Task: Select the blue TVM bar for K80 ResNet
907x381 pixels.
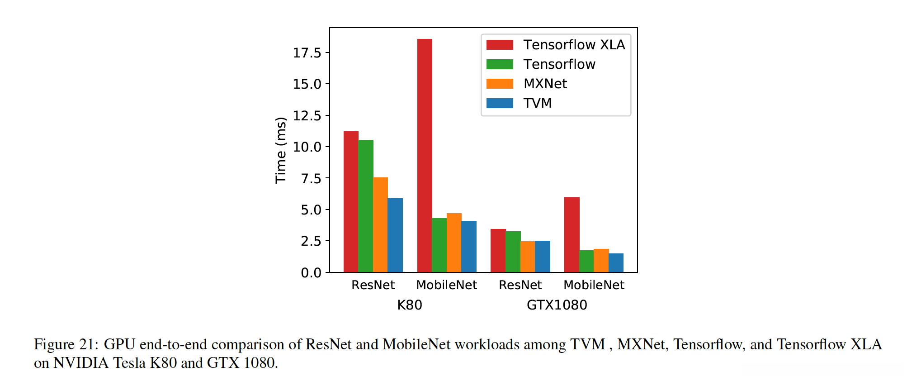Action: tap(395, 235)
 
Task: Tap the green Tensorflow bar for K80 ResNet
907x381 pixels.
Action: tap(366, 206)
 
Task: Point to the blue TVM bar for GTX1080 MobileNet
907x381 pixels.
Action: tap(616, 263)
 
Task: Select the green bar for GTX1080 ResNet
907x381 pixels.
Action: tap(513, 252)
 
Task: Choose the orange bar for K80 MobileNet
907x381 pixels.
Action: tap(454, 243)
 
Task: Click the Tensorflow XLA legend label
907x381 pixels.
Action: tap(574, 45)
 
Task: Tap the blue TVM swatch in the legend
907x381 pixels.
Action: tap(500, 103)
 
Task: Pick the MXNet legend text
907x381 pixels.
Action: tap(545, 84)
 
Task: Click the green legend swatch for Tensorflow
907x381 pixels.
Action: tap(500, 64)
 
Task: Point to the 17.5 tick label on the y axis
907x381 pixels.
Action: tap(307, 53)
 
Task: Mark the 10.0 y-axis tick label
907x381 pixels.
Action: tap(307, 147)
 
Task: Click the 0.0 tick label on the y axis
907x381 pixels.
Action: tap(311, 272)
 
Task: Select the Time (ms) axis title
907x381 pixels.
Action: tap(281, 150)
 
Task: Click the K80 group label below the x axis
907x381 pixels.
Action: tap(410, 305)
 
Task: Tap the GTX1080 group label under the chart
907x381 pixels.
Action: tap(557, 305)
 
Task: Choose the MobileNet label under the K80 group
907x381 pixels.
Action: tap(446, 285)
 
